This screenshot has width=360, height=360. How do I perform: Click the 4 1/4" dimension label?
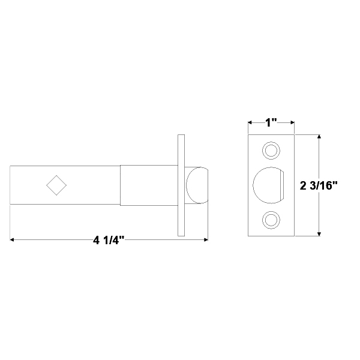pos(109,241)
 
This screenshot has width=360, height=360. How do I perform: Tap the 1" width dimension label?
pos(271,122)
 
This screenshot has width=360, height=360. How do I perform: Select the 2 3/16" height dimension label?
pos(319,185)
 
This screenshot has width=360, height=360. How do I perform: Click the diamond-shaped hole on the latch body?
pos(56,185)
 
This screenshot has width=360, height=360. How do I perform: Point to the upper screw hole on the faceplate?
pos(271,151)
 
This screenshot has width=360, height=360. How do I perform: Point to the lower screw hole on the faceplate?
pos(271,220)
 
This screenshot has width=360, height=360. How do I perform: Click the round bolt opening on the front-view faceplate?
pos(268,185)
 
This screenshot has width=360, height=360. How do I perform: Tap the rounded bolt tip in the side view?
pos(197,185)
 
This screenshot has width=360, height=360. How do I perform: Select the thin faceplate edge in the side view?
pos(181,185)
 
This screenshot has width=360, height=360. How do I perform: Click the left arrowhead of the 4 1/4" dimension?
pos(12,239)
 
